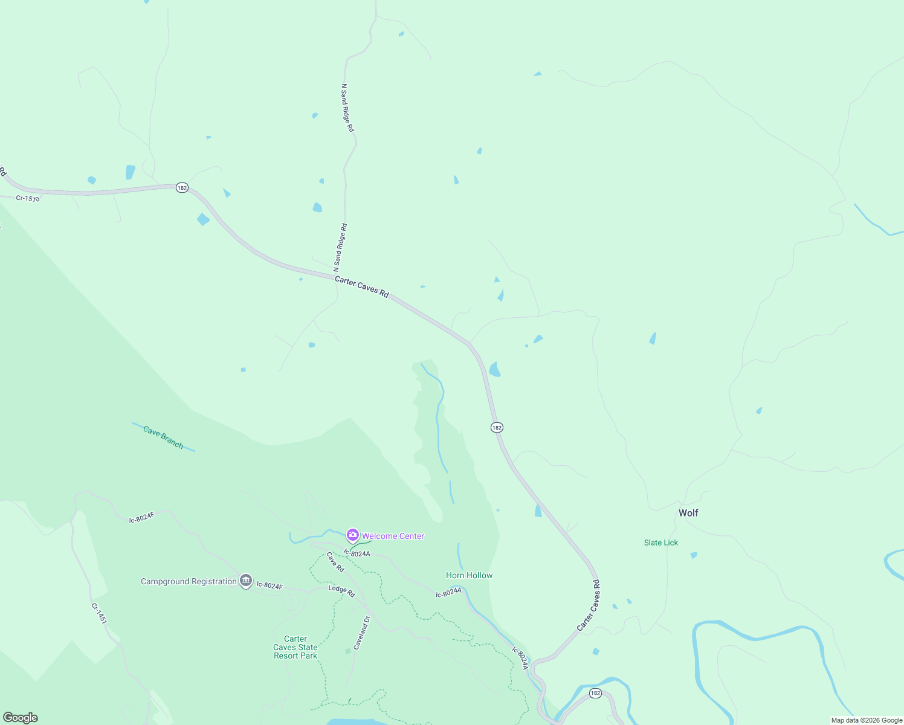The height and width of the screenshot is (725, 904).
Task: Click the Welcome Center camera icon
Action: [352, 535]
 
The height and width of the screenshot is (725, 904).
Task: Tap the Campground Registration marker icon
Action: [245, 581]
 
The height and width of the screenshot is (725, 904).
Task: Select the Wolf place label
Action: [688, 513]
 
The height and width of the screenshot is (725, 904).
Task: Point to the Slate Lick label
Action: [661, 543]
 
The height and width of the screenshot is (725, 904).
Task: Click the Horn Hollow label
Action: [470, 575]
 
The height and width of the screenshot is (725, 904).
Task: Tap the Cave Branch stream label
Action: [163, 437]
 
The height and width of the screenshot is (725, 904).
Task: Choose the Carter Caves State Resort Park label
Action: [295, 647]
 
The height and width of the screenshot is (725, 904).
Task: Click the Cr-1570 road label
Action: [28, 198]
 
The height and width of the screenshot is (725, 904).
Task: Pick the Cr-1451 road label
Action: [99, 613]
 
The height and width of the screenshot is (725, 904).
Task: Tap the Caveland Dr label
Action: [361, 633]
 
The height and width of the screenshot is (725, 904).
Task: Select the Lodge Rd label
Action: [341, 591]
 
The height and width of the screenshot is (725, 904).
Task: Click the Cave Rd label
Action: [335, 562]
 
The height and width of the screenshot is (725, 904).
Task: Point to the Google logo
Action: [21, 718]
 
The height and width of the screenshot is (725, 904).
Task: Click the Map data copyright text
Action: [867, 720]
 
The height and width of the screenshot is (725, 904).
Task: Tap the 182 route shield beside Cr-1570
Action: [182, 188]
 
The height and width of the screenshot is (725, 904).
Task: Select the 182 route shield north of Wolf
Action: [497, 427]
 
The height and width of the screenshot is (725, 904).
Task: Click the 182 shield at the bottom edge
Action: [595, 693]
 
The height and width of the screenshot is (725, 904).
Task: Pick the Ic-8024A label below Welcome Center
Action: [357, 553]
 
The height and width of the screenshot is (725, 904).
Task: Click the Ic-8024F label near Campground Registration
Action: [270, 585]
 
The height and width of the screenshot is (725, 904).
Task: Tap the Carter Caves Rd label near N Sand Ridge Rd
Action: [361, 286]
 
